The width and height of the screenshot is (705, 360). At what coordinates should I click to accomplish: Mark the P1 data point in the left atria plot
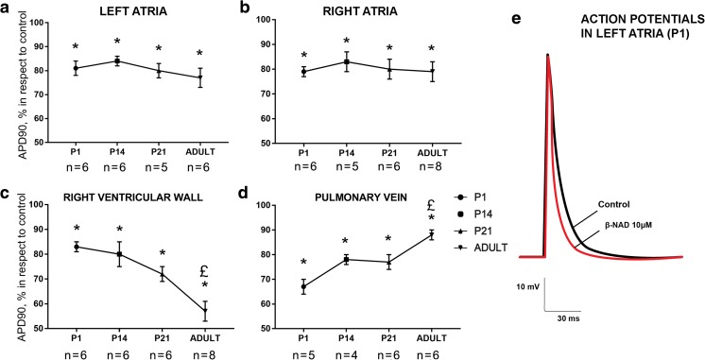tap(76, 68)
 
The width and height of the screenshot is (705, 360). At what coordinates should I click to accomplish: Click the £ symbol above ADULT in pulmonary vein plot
tap(431, 205)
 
